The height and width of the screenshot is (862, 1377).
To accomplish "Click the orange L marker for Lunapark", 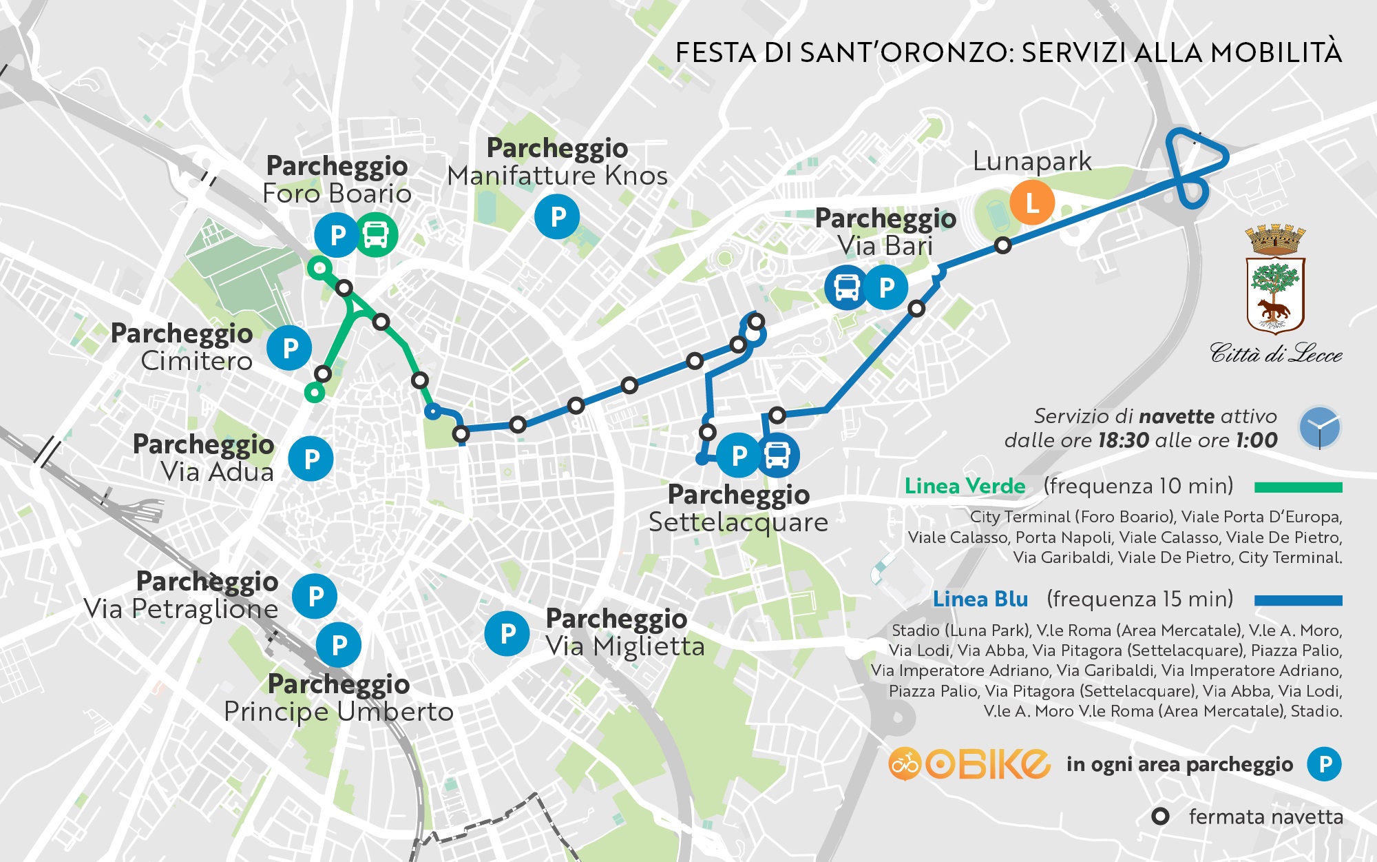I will coord(1031,203).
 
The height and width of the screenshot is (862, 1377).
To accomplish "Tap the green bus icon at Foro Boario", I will coord(377,235).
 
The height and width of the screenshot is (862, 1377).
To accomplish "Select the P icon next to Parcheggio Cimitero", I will coord(290,348).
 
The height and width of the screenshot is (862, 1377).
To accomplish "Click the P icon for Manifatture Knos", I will coord(557,217).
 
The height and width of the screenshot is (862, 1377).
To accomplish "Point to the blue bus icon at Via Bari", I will coord(846,287).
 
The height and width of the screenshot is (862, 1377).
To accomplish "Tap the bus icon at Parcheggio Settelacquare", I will coord(778,455).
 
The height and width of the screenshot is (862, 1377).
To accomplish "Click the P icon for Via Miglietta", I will coord(507,633).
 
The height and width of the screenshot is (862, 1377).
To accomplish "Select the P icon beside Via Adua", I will coord(311,459).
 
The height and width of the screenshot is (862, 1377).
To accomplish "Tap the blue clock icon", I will coord(1319,428).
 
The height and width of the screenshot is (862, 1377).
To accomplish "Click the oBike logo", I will coord(969,763).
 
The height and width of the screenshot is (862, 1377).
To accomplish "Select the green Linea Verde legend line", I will coord(1298,487).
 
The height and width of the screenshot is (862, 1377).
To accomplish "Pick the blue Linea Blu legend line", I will coord(1298,600).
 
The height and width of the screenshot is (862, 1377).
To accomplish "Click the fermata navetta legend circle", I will coord(1160,817).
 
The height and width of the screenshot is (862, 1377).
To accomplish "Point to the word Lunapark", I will coord(1031,162).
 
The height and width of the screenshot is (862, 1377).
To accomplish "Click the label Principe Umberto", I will coord(339,712).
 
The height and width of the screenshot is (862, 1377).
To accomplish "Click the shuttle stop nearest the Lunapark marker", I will coord(1003,245).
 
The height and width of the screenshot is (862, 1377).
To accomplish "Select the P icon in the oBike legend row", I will coord(1325,764).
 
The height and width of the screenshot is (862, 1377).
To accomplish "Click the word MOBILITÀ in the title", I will coord(1276,53).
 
